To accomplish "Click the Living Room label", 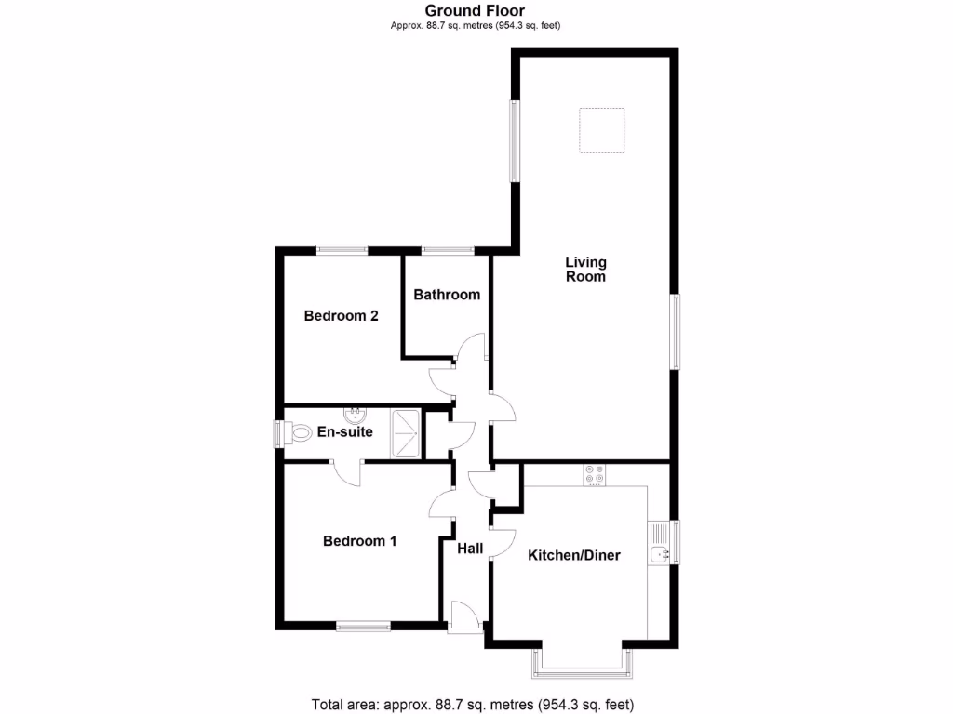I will (x=585, y=269).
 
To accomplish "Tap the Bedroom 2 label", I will (x=341, y=316).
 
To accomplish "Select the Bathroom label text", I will (x=447, y=295).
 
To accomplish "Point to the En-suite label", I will (x=344, y=432).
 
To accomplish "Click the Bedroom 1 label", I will (x=359, y=541).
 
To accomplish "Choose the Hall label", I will (x=470, y=549).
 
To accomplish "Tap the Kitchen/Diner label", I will (x=574, y=556).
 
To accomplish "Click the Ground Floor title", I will (x=475, y=11).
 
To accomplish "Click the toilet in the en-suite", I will (x=299, y=433).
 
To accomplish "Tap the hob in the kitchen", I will (x=594, y=475).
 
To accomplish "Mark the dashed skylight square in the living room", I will (x=601, y=131).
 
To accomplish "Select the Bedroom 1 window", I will (x=364, y=627).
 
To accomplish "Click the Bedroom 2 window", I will (x=342, y=249).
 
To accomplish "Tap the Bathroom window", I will (x=447, y=249).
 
